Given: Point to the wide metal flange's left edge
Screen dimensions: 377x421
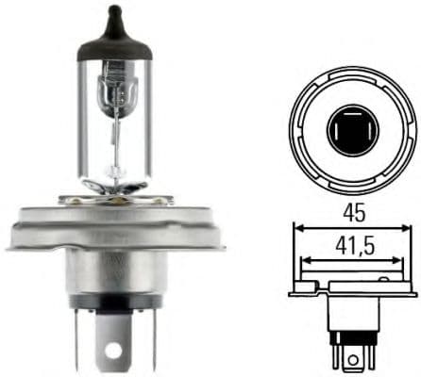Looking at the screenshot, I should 11,237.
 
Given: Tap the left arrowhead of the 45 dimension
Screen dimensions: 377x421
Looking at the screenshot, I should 297,227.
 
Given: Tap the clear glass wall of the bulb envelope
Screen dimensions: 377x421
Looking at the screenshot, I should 85,123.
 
